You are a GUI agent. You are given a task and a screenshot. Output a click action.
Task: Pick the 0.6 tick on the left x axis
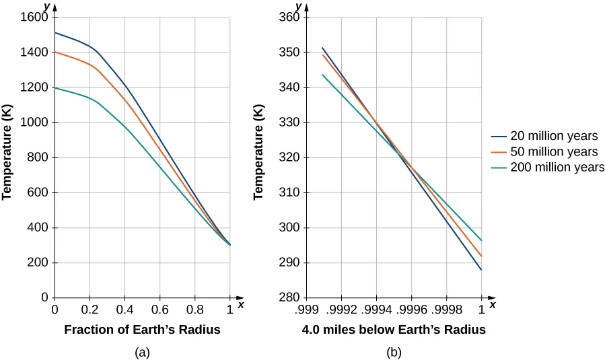tap(159, 311)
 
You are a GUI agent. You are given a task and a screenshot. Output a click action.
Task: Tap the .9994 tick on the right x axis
tap(376, 311)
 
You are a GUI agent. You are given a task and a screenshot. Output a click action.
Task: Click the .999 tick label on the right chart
tap(306, 311)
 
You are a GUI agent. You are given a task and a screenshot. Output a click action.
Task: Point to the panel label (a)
tap(142, 351)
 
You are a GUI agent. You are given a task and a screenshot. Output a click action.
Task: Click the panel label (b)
tap(394, 351)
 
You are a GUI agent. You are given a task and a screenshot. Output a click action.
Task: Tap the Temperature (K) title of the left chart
tap(8, 157)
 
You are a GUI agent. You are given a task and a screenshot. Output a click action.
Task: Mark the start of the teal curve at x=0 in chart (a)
tap(55, 88)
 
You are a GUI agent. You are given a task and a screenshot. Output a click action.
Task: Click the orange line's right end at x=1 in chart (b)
tap(481, 256)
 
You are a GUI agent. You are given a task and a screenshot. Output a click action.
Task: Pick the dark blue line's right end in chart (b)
tap(481, 269)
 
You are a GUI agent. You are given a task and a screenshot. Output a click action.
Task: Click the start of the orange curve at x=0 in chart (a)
tap(55, 52)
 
